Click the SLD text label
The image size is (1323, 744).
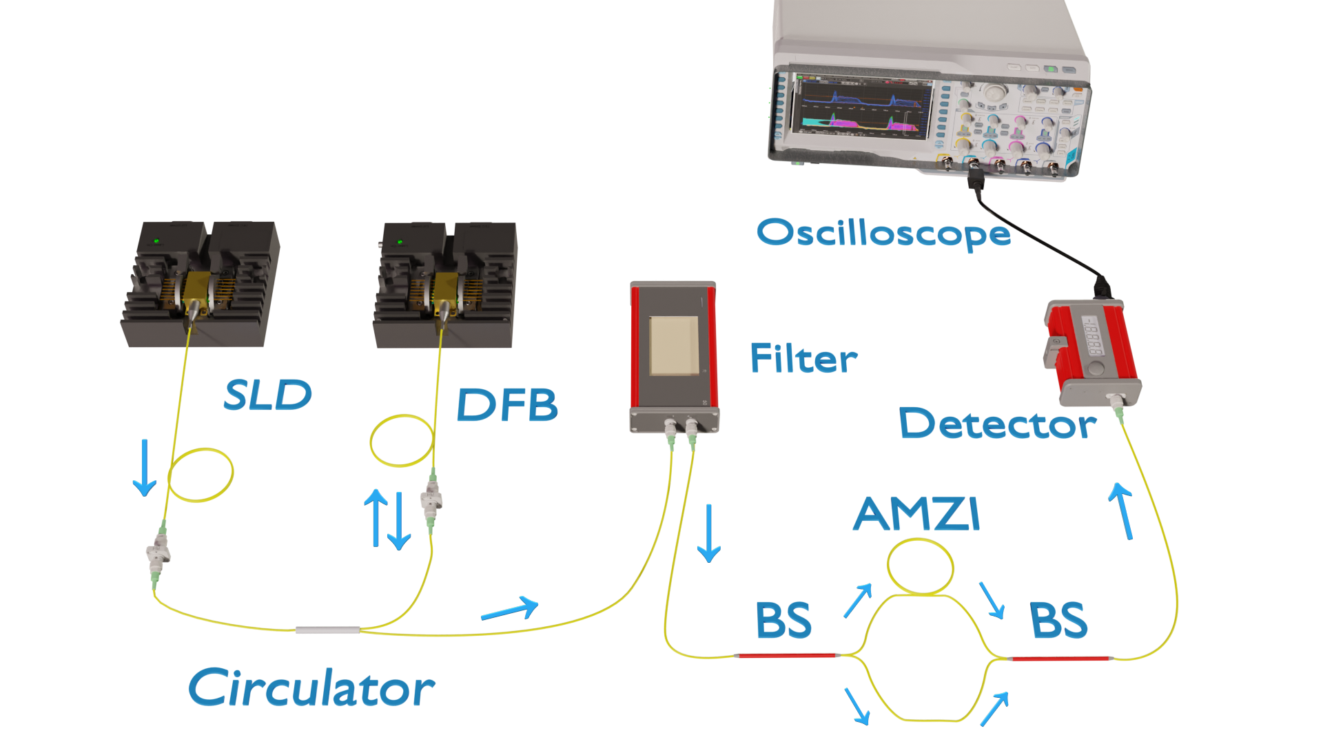tap(268, 395)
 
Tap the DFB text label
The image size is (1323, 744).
tap(506, 404)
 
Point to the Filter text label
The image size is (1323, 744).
tap(803, 358)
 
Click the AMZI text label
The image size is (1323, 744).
tap(916, 514)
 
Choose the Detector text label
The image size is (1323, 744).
tap(997, 423)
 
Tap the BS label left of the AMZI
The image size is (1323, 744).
tap(783, 620)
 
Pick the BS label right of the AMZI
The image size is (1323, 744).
tap(1058, 620)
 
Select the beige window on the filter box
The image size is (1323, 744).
tap(675, 345)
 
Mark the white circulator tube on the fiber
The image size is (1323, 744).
tap(327, 630)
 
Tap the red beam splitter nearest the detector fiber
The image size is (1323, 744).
tap(1060, 659)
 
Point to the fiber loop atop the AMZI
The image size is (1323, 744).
tap(921, 567)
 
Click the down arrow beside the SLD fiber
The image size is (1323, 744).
tap(144, 468)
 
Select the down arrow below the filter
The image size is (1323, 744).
tap(708, 533)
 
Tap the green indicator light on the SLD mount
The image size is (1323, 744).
tap(157, 241)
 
